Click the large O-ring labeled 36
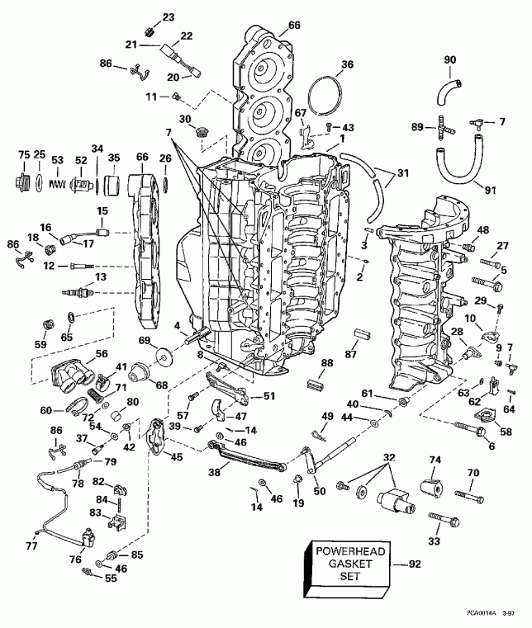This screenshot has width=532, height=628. (329, 97)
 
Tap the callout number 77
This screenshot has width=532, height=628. (32, 545)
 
